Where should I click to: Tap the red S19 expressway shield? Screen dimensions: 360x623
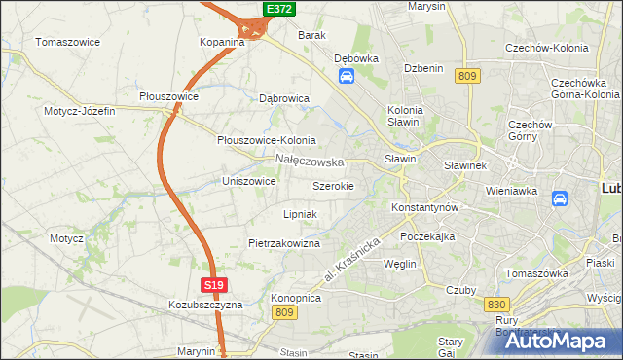tap(215, 285)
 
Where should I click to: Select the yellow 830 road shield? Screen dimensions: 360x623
tap(494, 305)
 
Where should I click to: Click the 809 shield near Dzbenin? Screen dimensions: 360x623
tap(468, 76)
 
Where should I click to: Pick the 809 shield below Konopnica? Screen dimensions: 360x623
tap(284, 312)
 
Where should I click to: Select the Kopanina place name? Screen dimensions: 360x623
tap(222, 43)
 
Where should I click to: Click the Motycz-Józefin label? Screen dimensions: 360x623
tap(79, 111)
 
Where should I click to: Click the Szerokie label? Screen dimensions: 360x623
tap(333, 185)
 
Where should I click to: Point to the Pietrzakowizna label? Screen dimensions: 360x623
tap(284, 243)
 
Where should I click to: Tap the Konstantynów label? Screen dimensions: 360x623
tap(423, 208)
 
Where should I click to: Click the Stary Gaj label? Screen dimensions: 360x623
tap(450, 347)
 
